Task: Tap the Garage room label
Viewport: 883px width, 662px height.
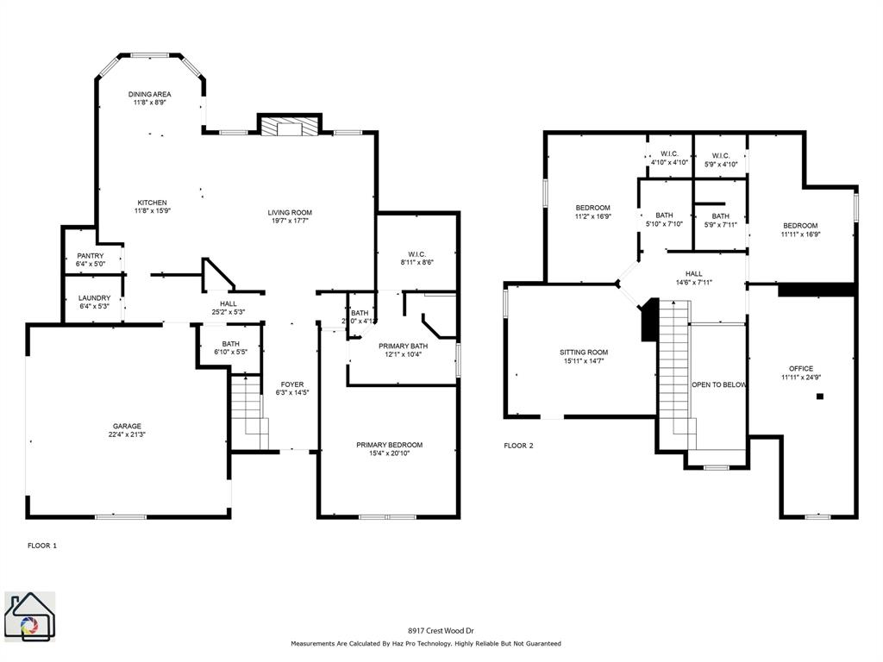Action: (x=127, y=426)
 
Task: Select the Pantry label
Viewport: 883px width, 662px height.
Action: (x=91, y=256)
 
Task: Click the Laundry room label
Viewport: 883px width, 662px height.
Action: (x=94, y=298)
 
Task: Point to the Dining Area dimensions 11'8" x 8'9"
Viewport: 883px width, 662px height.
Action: (x=150, y=103)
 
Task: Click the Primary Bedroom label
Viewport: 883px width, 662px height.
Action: (x=390, y=445)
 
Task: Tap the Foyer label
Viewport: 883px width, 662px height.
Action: (x=292, y=384)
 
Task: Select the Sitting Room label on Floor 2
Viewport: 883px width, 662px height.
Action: (x=585, y=353)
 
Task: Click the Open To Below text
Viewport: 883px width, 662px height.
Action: (x=718, y=384)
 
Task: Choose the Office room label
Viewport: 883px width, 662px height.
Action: (x=801, y=369)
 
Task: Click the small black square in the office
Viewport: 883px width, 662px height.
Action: (x=820, y=397)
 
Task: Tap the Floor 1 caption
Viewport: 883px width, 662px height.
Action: (x=42, y=546)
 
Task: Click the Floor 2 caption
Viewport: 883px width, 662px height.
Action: (x=519, y=446)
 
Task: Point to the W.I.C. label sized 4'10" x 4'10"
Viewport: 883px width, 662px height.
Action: (x=669, y=153)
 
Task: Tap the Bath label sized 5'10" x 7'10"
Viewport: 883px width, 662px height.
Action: (x=664, y=215)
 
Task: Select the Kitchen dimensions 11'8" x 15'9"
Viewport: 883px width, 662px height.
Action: (x=152, y=210)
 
